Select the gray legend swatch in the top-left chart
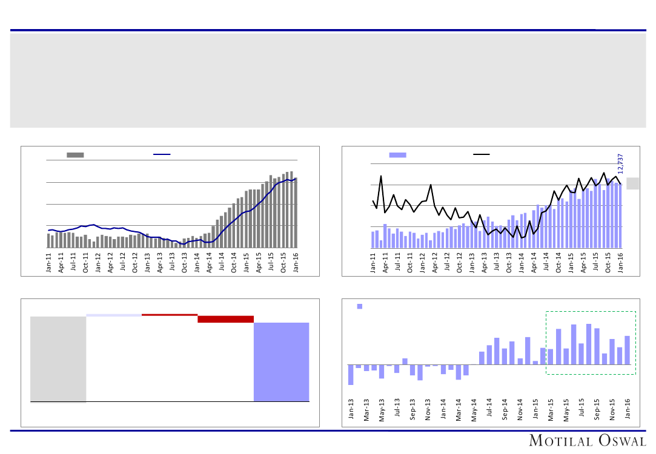[75, 155]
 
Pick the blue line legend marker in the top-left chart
[162, 155]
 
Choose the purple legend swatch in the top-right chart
[397, 155]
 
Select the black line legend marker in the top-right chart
[482, 155]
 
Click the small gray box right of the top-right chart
[632, 183]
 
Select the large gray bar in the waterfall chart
[58, 358]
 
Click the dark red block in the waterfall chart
[225, 319]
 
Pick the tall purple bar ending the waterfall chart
[281, 361]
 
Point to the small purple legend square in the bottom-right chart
[360, 306]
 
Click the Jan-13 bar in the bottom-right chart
[351, 375]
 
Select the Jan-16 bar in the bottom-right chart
[628, 350]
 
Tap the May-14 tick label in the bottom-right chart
[474, 409]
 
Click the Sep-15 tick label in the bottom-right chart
[597, 409]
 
